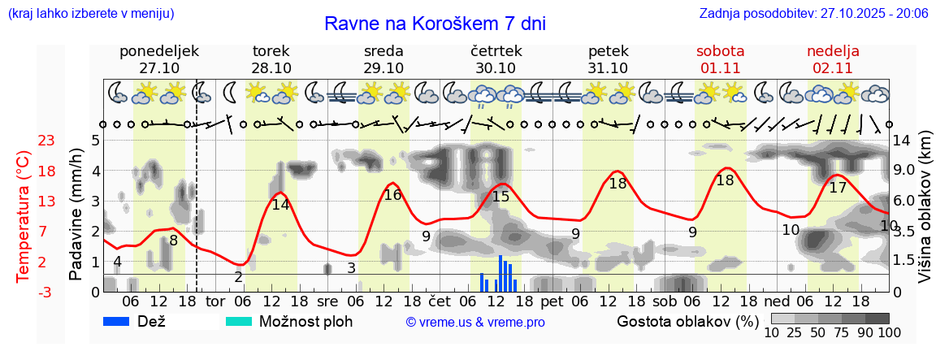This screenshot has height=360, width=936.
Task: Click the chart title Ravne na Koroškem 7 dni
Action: click(x=435, y=24)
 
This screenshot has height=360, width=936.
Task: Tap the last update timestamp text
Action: click(x=813, y=14)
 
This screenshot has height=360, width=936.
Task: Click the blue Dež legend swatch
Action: click(x=122, y=321)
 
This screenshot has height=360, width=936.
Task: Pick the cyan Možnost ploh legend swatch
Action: click(x=239, y=321)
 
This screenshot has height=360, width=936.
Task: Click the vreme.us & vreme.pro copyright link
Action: click(x=475, y=322)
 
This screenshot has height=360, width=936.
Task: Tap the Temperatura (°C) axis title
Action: click(x=23, y=215)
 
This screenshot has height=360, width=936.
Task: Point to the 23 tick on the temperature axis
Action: click(x=46, y=141)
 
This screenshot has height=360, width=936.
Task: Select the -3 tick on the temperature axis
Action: click(x=46, y=292)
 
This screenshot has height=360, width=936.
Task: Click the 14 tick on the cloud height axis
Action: click(x=904, y=140)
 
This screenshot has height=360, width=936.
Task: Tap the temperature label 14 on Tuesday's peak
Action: click(x=280, y=205)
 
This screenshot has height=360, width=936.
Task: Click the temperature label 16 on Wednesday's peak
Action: click(x=392, y=195)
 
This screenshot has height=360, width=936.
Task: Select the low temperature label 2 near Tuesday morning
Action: click(x=238, y=277)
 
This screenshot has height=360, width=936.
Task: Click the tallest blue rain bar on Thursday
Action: click(x=500, y=273)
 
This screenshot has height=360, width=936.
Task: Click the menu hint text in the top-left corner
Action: click(x=90, y=14)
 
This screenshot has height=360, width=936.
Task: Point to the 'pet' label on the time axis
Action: click(x=552, y=301)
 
